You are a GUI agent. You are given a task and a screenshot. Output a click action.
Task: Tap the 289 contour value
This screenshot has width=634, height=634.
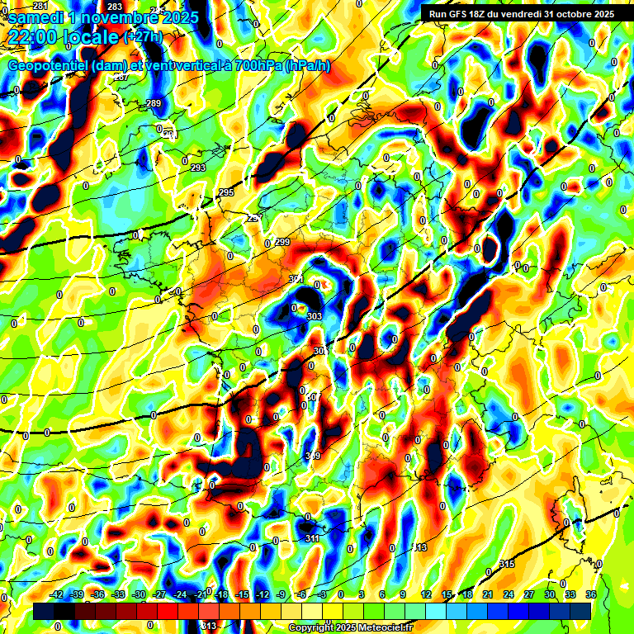154,103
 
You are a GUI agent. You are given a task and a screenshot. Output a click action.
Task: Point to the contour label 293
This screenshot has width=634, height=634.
198,168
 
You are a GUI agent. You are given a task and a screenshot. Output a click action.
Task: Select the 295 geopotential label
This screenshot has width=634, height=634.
226,192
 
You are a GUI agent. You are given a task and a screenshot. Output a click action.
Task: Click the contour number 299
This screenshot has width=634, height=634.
282,242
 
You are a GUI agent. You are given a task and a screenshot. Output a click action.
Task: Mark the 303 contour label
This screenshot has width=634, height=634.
314,316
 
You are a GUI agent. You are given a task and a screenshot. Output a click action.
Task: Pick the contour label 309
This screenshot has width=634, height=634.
313,457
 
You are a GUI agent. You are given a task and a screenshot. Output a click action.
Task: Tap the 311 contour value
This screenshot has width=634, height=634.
312,539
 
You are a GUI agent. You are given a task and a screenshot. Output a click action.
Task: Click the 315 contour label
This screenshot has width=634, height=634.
507,564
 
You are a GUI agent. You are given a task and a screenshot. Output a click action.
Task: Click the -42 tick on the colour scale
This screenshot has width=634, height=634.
57,594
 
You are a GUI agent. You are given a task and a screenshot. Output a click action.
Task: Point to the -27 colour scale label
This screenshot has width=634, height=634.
159,594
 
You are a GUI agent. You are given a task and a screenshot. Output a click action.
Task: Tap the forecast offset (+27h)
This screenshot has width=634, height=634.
143,36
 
